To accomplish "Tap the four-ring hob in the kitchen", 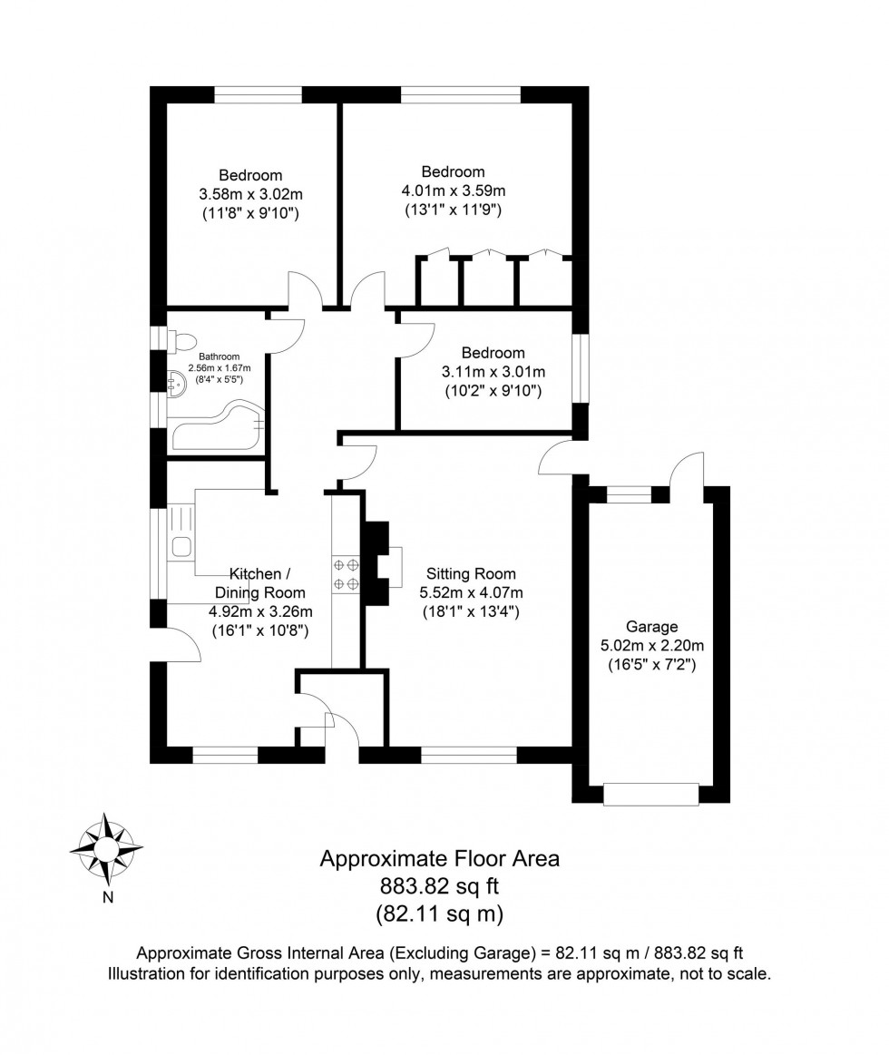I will click(x=346, y=574).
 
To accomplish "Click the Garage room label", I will click(x=651, y=627).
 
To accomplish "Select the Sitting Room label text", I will click(x=471, y=573).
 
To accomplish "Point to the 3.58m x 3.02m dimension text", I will click(x=250, y=194).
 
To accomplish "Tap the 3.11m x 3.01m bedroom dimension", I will click(x=493, y=372).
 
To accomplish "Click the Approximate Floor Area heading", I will click(x=439, y=858).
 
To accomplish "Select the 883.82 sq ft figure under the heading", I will click(x=439, y=885).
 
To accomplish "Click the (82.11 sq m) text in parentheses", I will click(x=439, y=913).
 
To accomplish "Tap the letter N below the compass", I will click(x=107, y=899).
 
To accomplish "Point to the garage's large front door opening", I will click(x=651, y=794).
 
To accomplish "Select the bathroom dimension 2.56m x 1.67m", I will click(x=219, y=367).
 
